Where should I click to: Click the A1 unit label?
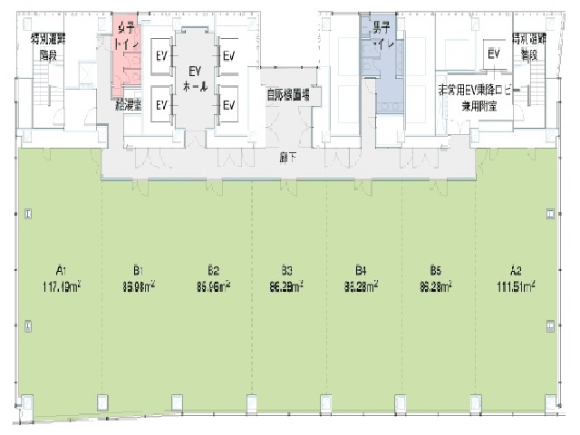point(61,269)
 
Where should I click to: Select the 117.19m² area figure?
point(61,285)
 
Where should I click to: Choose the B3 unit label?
point(286,269)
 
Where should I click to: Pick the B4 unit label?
point(361,269)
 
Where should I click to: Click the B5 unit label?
point(435,269)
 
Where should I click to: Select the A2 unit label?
point(516,269)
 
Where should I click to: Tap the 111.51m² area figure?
point(516,285)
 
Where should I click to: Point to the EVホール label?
point(194,78)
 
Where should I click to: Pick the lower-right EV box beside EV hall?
point(229,104)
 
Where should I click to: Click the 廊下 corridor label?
point(287,156)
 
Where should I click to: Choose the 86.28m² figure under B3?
point(286,285)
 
